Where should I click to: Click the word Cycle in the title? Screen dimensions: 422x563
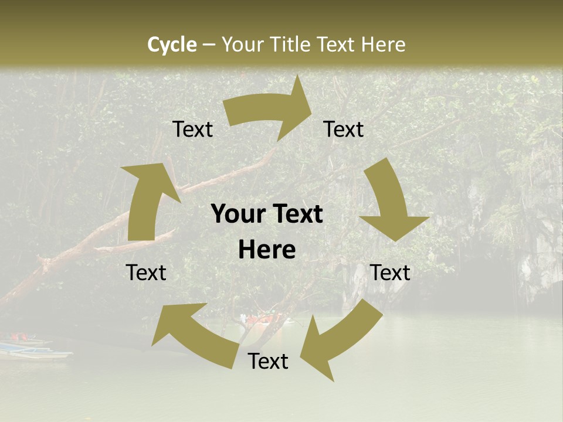tap(172, 45)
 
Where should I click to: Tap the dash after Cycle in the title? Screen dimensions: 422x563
tap(208, 45)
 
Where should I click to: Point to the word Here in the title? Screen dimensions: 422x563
tap(383, 45)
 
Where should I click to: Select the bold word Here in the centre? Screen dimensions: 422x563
tap(267, 250)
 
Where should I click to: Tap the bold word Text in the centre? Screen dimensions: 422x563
tap(296, 215)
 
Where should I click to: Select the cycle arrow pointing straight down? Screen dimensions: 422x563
tap(390, 205)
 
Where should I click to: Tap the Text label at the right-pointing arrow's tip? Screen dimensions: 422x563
tap(344, 130)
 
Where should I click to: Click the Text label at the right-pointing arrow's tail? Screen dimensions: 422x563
tap(193, 130)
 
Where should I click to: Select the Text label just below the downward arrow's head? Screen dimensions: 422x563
tap(390, 273)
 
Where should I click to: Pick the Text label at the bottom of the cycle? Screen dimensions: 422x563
tap(268, 362)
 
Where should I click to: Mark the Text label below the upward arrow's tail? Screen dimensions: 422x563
tap(146, 273)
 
